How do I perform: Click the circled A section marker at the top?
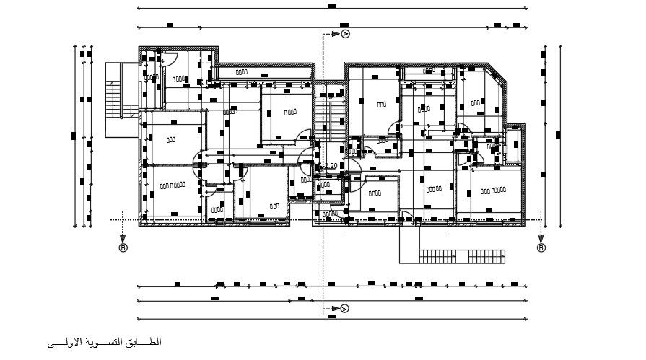tap(345, 34)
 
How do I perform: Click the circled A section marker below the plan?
tap(345, 309)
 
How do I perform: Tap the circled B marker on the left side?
tap(123, 247)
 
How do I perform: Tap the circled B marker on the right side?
tap(541, 247)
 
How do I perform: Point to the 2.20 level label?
tap(330, 166)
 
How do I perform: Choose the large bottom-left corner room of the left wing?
tap(173, 191)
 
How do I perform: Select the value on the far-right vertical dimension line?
tap(559, 134)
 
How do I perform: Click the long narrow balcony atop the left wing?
tap(263, 72)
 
